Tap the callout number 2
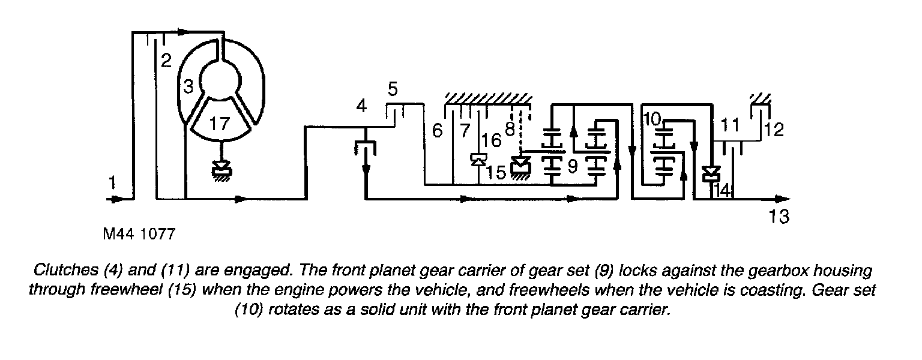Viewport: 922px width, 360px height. [166, 60]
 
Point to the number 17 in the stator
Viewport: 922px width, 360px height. [220, 124]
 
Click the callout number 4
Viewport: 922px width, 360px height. [361, 107]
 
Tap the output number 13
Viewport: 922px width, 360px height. [779, 217]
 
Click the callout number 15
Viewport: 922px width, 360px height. [496, 172]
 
